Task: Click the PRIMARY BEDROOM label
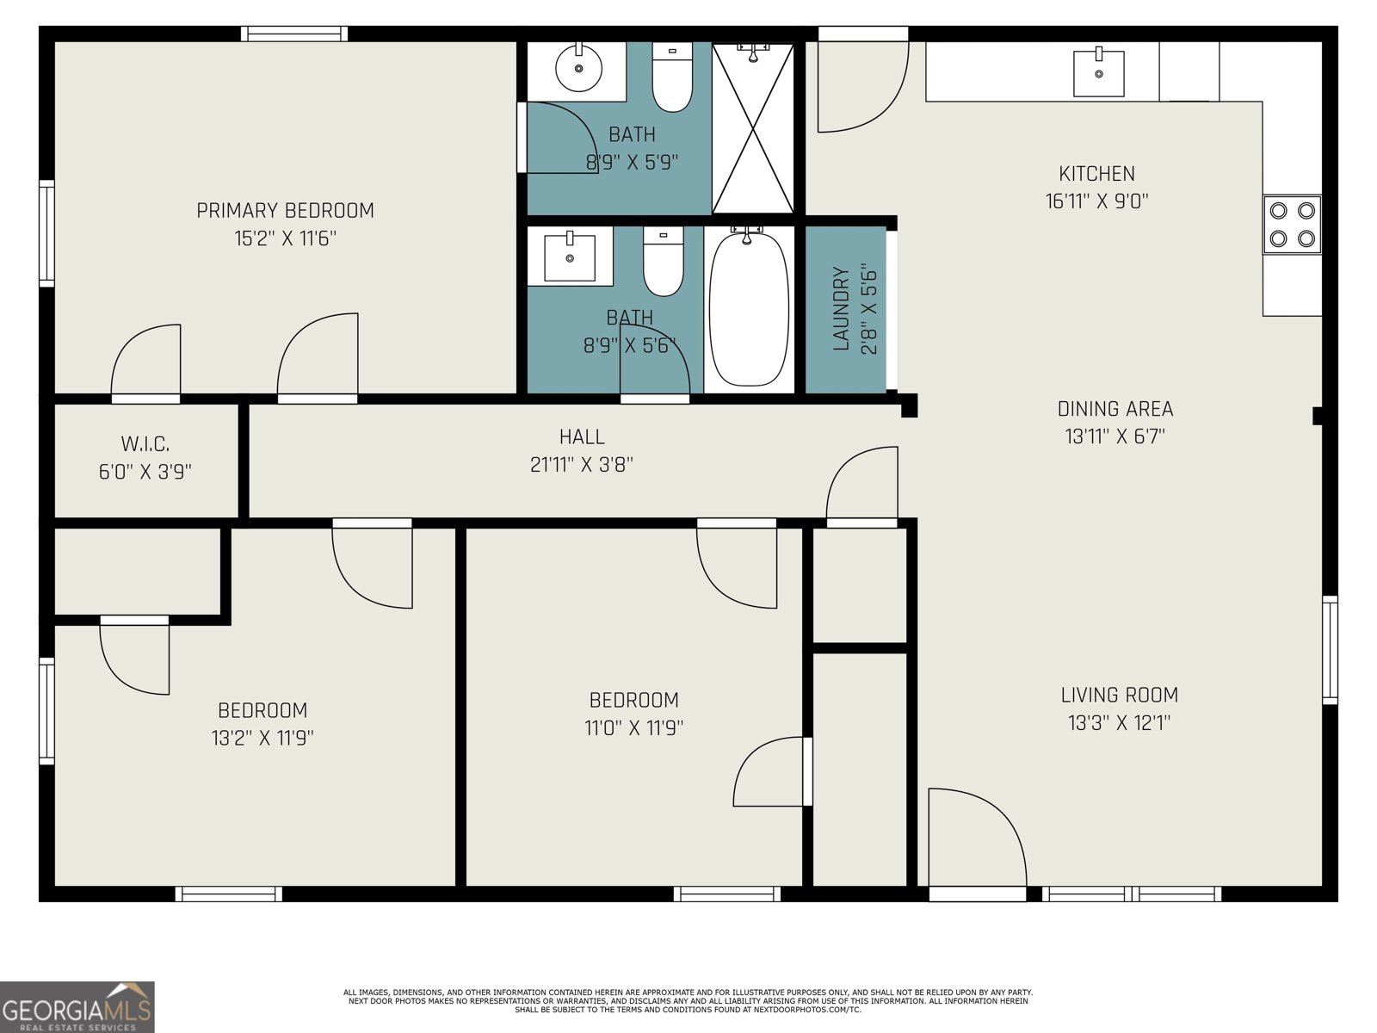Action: pyautogui.click(x=285, y=211)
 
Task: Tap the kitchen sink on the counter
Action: pyautogui.click(x=1098, y=73)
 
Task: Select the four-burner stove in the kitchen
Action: pyautogui.click(x=1292, y=224)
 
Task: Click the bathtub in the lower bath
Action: pyautogui.click(x=749, y=307)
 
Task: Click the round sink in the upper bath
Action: pyautogui.click(x=578, y=69)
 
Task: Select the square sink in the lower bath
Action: pyautogui.click(x=569, y=257)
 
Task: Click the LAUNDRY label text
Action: pyautogui.click(x=842, y=309)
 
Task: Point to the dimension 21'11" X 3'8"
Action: pyautogui.click(x=582, y=465)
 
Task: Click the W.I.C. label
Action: pyautogui.click(x=145, y=444)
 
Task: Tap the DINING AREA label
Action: pyautogui.click(x=1115, y=409)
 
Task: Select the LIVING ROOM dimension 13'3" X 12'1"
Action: pyautogui.click(x=1119, y=723)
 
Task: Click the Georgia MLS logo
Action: pyautogui.click(x=77, y=1007)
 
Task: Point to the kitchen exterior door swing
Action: pyautogui.click(x=861, y=86)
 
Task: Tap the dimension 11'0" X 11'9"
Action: pyautogui.click(x=633, y=728)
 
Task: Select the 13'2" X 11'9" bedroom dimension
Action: pyautogui.click(x=262, y=738)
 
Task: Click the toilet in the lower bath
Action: pyautogui.click(x=664, y=263)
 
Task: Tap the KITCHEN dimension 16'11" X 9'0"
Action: pyautogui.click(x=1096, y=201)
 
